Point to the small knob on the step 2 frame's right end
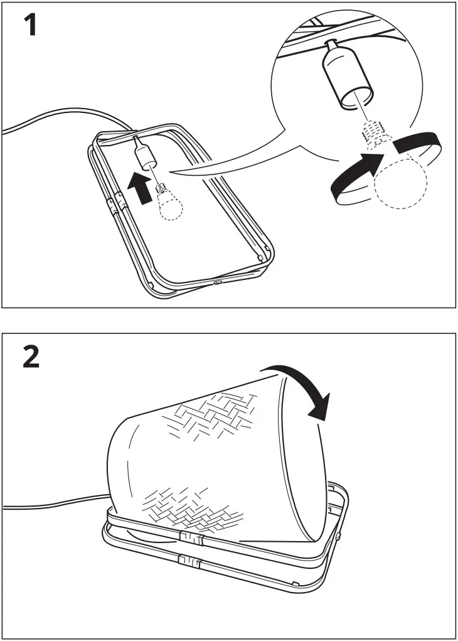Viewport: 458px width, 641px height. [x=338, y=536]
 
